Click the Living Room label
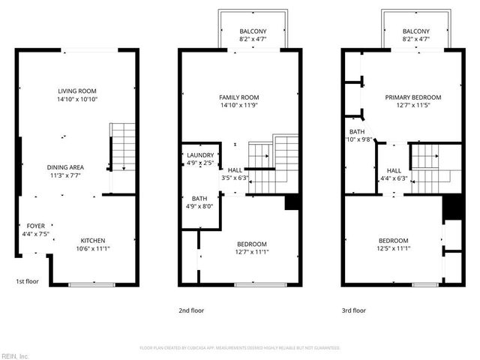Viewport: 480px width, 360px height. [77, 91]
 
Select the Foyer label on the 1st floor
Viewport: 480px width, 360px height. [35, 225]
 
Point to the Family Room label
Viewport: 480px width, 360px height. [238, 97]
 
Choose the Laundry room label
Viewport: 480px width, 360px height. [199, 155]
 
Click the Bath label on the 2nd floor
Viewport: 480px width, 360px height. [199, 199]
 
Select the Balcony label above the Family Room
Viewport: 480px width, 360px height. [253, 31]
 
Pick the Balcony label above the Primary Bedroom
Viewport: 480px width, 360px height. [415, 31]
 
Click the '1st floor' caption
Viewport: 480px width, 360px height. [28, 282]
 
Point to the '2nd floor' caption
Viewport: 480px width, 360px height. [190, 310]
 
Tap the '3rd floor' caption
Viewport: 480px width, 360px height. [353, 310]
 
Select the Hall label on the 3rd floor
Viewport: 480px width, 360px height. [394, 170]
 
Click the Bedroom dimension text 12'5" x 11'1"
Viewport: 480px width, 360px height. [393, 248]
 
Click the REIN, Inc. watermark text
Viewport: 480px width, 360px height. [14, 355]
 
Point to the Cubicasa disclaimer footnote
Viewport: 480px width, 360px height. [240, 348]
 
